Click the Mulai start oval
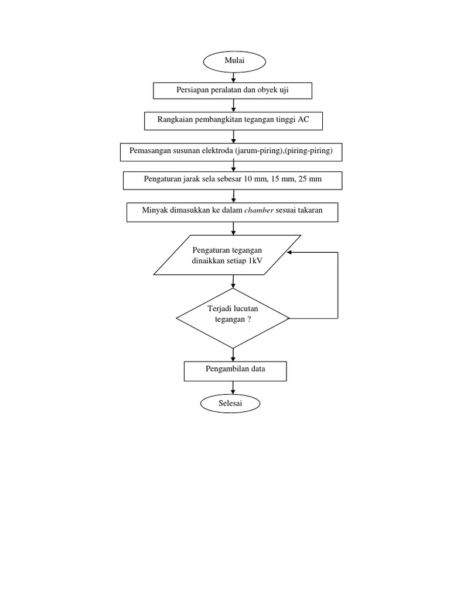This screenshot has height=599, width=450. [234, 61]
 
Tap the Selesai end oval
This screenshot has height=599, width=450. [230, 404]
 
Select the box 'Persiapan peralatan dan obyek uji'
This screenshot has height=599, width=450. [233, 91]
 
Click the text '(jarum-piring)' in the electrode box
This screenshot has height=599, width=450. [258, 150]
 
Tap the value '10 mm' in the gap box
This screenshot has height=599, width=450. [254, 180]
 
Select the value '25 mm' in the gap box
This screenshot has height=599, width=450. [310, 180]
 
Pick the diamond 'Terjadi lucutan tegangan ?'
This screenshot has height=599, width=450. [233, 318]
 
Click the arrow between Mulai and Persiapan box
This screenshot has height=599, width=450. [234, 76]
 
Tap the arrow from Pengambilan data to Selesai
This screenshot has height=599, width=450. [234, 387]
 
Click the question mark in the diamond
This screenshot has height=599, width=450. [249, 319]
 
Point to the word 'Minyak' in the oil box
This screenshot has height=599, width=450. [154, 212]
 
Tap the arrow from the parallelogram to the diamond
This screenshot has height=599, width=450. [234, 281]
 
